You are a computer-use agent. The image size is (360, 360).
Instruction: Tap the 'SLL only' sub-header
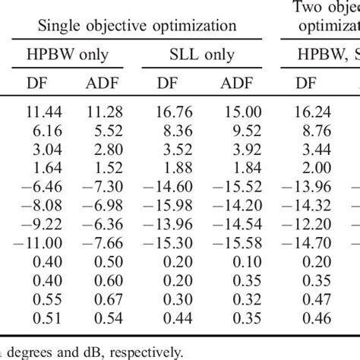tap(202, 55)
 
